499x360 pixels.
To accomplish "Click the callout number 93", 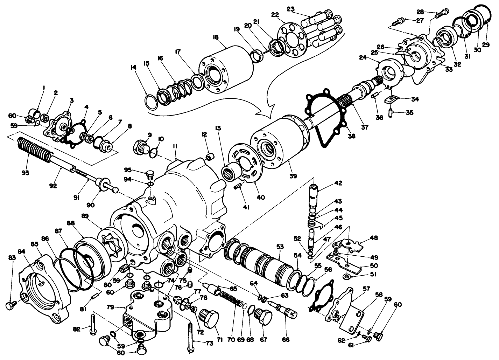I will tap(25, 173).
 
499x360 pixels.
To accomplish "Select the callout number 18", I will tap(215, 36).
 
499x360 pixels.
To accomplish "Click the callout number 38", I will tap(351, 136).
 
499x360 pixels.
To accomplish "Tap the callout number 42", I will tap(338, 183).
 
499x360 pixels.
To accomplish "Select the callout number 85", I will tap(34, 244).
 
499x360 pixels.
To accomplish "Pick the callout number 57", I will tap(366, 289).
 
